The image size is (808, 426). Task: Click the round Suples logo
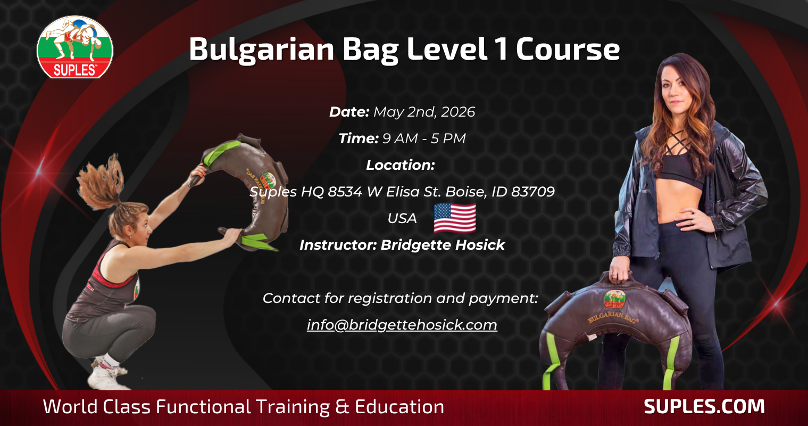click(x=74, y=47)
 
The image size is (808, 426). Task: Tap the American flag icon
click(x=454, y=218)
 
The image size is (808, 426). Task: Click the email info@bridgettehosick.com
click(x=402, y=325)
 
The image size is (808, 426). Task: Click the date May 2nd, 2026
click(x=424, y=112)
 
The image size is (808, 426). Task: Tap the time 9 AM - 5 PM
click(x=424, y=138)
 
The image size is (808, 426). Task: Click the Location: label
click(x=401, y=165)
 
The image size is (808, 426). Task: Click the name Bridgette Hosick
click(x=443, y=245)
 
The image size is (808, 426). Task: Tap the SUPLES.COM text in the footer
click(x=704, y=406)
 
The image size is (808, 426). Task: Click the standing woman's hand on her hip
click(x=693, y=219)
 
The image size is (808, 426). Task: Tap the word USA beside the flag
click(x=402, y=218)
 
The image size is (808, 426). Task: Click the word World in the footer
click(x=70, y=407)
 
